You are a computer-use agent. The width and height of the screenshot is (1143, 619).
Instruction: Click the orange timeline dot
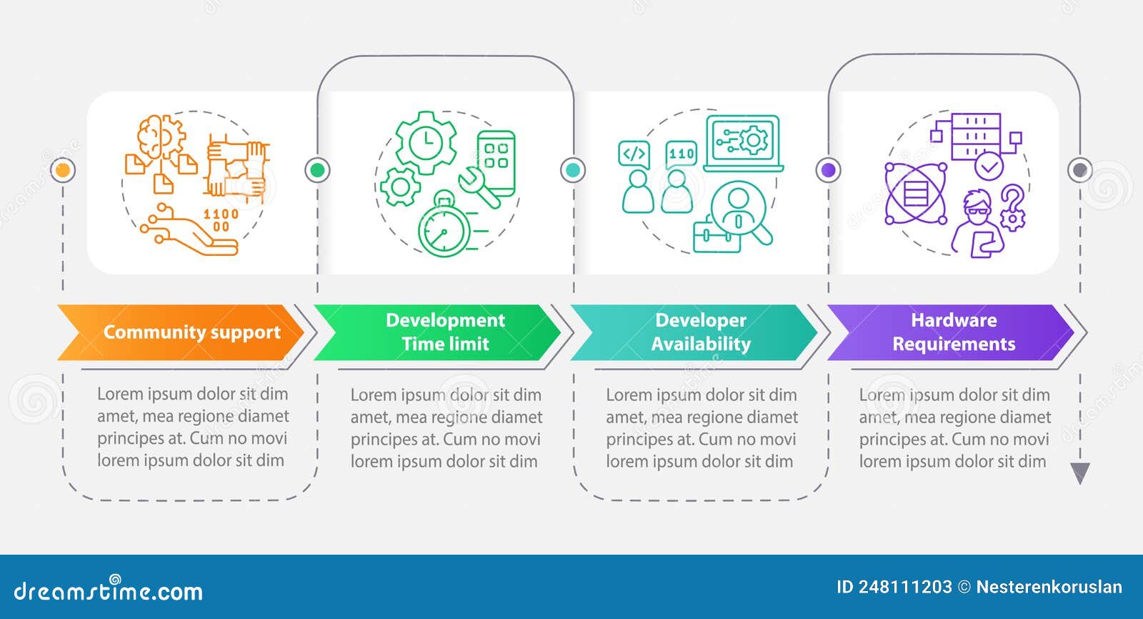point(63,170)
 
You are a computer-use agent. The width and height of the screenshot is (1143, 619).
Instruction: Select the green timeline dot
point(317,170)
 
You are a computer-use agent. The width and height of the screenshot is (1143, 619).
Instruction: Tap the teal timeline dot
point(572,170)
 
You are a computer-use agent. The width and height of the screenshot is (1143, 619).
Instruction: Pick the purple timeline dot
point(828,170)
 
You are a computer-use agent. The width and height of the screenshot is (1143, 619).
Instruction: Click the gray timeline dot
point(1079,170)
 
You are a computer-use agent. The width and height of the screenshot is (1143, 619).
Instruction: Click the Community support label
point(192,332)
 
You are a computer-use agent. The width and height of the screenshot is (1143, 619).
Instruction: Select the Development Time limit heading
point(445,332)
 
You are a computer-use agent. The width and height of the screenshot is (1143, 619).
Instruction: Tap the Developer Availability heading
point(701,332)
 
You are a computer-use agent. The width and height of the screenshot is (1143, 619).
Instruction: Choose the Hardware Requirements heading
point(954,332)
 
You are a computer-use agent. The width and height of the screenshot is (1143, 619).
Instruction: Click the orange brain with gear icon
point(161,137)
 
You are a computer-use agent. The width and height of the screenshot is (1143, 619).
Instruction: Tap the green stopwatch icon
point(444,224)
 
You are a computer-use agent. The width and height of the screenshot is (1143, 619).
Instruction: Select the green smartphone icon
point(496,163)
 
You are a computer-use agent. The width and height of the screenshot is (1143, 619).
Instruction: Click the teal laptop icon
point(744,144)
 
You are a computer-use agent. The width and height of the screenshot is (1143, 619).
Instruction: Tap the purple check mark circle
point(989,166)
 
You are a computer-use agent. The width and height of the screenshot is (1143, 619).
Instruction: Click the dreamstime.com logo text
point(108,590)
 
